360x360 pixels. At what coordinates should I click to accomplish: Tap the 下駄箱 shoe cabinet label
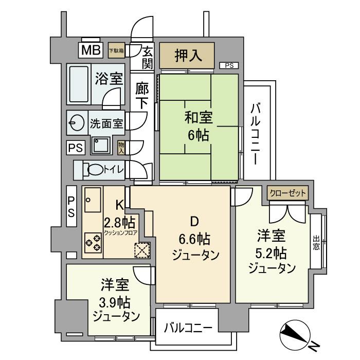pyautogui.click(x=116, y=50)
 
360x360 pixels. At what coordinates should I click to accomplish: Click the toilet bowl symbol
pyautogui.click(x=95, y=169)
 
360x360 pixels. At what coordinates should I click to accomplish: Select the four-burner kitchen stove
pyautogui.click(x=93, y=242)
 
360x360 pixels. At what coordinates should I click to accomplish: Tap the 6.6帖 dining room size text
pyautogui.click(x=194, y=239)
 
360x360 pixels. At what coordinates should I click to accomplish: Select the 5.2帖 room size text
pyautogui.click(x=272, y=253)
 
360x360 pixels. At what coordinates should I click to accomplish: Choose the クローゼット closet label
pyautogui.click(x=288, y=193)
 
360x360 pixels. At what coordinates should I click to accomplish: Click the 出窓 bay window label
pyautogui.click(x=315, y=243)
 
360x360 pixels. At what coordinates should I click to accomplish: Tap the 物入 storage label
pyautogui.click(x=121, y=148)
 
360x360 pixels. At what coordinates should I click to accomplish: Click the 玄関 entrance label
pyautogui.click(x=148, y=57)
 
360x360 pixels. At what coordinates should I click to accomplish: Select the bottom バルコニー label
pyautogui.click(x=188, y=328)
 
